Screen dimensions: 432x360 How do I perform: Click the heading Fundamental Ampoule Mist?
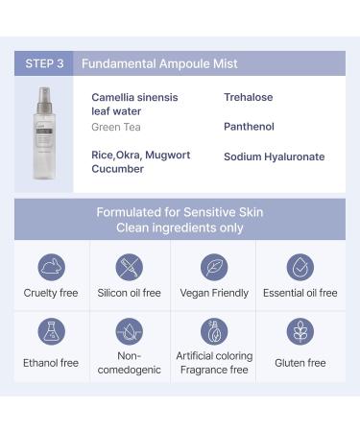point(159,63)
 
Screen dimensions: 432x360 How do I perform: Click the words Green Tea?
point(113,127)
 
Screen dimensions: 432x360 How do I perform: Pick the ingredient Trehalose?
point(249,97)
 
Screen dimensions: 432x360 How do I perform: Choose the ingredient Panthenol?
point(249,127)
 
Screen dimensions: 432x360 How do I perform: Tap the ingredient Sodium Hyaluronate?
point(274,156)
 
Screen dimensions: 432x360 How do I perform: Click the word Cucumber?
point(117,169)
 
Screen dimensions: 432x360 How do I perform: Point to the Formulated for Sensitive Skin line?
point(180,212)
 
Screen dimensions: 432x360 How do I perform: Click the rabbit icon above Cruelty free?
point(52,266)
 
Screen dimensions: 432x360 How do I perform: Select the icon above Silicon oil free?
point(130,266)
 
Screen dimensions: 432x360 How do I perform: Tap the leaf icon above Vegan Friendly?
point(214,266)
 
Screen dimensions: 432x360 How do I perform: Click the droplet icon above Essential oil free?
point(300,266)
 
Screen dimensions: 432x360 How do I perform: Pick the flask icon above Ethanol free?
point(52,332)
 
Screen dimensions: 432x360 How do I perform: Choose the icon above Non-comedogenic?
point(130,332)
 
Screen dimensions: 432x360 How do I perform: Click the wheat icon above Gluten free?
point(300,332)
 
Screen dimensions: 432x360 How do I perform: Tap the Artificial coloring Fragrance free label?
point(214,363)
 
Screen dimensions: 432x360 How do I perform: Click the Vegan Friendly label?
point(214,293)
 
